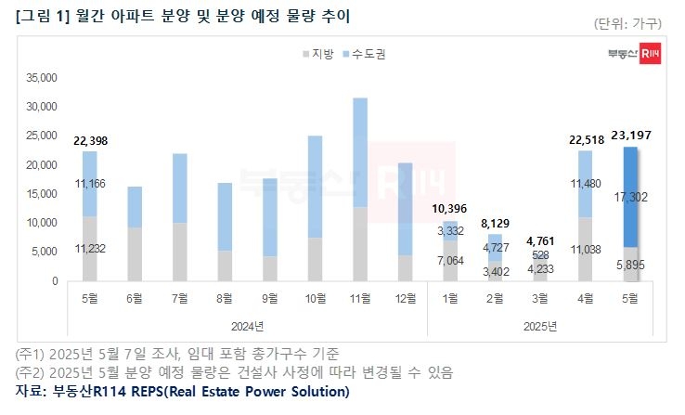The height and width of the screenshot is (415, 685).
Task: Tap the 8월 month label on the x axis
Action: point(225,298)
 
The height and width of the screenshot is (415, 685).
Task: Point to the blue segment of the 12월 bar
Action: point(407,209)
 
